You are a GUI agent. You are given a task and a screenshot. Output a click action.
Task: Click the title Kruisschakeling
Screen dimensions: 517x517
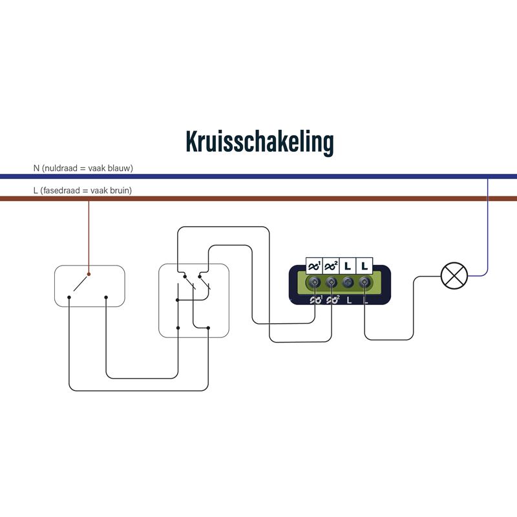(260, 142)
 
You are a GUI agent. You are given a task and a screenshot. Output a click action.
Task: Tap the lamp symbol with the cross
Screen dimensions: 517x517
(454, 276)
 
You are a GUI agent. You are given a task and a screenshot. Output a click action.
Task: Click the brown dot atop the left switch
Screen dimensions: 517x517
(89, 274)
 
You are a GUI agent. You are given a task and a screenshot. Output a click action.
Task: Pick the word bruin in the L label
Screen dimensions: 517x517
(119, 191)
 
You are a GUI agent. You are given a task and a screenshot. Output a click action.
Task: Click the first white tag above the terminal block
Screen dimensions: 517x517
(314, 266)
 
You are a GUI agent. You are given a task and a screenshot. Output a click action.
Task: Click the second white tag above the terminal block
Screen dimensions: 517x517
(331, 266)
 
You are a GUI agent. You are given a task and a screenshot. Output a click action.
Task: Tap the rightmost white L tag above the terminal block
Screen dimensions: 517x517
(364, 266)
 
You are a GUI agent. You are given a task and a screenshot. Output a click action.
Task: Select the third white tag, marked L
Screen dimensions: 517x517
(348, 266)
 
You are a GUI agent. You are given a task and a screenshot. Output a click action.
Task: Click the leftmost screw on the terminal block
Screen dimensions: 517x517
(314, 282)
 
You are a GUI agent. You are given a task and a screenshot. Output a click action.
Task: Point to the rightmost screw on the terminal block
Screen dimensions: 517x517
(364, 282)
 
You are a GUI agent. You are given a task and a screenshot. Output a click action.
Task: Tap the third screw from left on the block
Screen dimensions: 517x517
(348, 282)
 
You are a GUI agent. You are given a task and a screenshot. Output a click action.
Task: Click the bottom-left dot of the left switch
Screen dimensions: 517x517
(69, 297)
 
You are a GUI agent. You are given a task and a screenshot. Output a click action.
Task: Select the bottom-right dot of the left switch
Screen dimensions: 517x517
(106, 297)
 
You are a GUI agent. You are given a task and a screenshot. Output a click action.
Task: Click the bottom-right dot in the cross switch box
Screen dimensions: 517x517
(208, 328)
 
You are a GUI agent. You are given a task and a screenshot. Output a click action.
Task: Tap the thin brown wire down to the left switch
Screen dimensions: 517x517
(89, 237)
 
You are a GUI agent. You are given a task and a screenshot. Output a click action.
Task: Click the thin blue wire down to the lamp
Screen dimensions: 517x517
(487, 227)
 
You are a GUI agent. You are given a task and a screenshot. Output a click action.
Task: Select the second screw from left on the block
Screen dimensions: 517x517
(331, 282)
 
